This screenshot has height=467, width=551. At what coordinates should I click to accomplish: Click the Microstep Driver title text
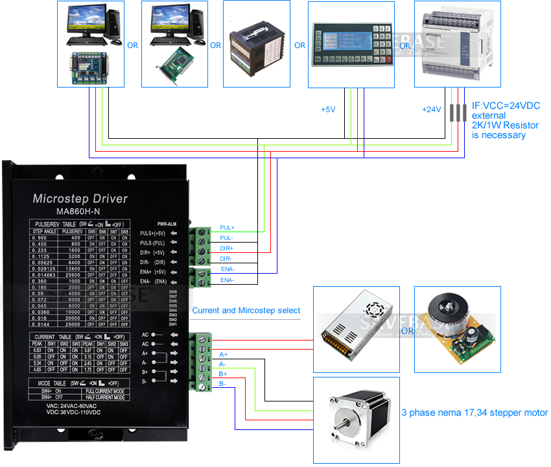pos(80,198)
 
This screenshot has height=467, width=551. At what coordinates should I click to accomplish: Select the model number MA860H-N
pos(80,211)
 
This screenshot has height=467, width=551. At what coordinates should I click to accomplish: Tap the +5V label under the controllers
pos(328,109)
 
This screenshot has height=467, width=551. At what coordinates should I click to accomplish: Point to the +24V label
pos(432,109)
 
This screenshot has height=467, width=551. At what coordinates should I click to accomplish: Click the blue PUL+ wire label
pos(228,228)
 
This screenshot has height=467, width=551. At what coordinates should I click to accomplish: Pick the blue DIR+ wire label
pos(226,248)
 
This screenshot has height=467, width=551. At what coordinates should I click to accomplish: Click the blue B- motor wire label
pos(222,384)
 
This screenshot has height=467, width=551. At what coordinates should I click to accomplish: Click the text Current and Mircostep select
pos(246,311)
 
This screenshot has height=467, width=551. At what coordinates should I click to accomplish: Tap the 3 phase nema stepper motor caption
pos(475,413)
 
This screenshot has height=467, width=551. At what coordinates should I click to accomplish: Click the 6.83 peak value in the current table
pos(37,350)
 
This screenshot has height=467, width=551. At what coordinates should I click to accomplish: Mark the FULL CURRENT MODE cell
pos(106,391)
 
